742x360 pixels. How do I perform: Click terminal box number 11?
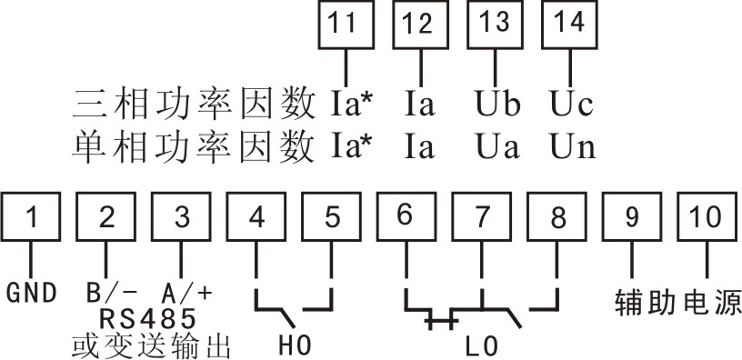(x=342, y=26)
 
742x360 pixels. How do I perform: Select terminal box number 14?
(x=570, y=26)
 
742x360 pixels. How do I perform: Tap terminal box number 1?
(x=32, y=217)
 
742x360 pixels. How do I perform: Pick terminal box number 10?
(x=705, y=217)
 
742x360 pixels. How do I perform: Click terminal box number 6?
(x=406, y=217)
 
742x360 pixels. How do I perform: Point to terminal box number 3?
(x=183, y=217)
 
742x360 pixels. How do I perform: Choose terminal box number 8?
(x=557, y=217)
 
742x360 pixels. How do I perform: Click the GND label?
(x=32, y=294)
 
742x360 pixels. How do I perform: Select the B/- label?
(x=110, y=294)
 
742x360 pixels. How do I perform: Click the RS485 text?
(x=147, y=318)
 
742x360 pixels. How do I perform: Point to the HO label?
(x=294, y=346)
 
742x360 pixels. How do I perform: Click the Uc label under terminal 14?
(x=572, y=103)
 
